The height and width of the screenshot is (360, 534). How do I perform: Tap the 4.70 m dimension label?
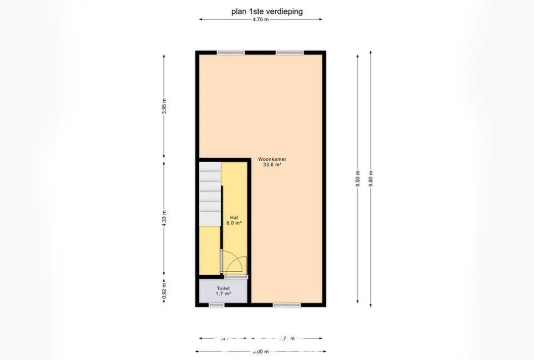click(x=261, y=20)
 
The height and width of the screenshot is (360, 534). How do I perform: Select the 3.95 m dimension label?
click(x=164, y=107)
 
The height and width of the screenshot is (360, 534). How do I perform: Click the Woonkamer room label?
click(x=272, y=160)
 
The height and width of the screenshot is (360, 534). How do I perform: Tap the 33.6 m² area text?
click(x=272, y=165)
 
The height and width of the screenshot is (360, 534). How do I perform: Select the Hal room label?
click(x=234, y=218)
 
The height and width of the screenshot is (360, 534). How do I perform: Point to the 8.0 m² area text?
click(x=235, y=223)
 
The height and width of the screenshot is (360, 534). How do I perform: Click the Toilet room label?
click(x=223, y=288)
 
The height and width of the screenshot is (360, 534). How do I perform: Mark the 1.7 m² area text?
click(x=223, y=294)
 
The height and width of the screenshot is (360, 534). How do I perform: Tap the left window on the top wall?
click(x=231, y=52)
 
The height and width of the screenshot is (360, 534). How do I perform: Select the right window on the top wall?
click(x=290, y=52)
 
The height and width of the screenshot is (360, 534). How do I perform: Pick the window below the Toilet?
click(x=216, y=305)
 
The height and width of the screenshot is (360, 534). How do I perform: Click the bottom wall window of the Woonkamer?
click(x=287, y=305)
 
